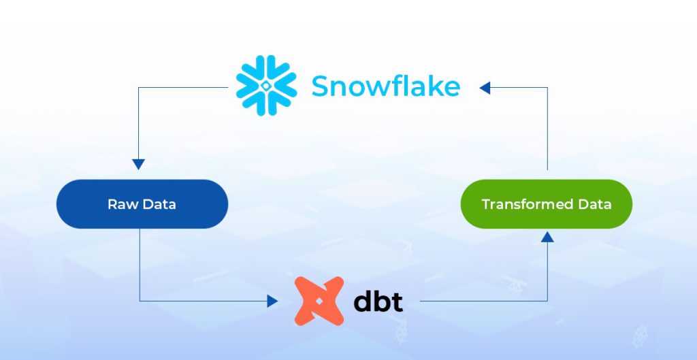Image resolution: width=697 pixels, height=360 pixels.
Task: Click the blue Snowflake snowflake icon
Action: point(266,85)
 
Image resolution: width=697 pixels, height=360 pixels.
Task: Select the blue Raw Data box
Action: point(142,204)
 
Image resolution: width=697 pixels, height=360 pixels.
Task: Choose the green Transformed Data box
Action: point(547,204)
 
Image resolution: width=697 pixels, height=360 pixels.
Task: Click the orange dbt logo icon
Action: point(319,301)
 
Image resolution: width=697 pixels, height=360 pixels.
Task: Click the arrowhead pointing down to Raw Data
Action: point(139,165)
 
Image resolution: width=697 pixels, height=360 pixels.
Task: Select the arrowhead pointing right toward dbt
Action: point(272,301)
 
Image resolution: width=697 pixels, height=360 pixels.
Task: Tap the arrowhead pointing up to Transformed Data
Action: point(547,237)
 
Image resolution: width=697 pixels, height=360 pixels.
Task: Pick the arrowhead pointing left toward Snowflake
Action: point(485,88)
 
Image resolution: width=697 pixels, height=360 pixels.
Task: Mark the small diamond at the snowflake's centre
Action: point(266,86)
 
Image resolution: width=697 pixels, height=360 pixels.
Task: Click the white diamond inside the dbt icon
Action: point(319,301)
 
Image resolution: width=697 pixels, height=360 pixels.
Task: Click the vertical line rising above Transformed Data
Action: point(547,129)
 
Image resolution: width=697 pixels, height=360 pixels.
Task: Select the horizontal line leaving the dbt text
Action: point(484,301)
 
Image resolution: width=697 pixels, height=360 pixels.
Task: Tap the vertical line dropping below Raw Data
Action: point(140,265)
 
